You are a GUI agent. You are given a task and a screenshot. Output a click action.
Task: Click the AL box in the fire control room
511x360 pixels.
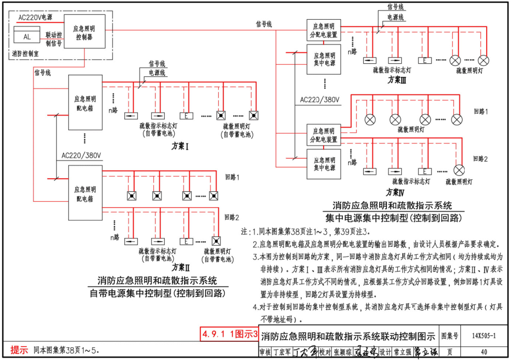coord(26,37)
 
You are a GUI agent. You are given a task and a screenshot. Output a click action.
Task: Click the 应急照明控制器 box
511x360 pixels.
coord(84,31)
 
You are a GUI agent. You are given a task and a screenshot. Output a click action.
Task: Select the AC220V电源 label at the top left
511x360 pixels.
coord(35,17)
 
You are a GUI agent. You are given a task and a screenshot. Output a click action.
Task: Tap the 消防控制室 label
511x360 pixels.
coord(25,54)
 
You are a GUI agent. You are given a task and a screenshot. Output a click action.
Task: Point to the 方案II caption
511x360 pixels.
coord(180,268)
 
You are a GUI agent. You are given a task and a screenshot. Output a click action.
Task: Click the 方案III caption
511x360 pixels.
coord(397,79)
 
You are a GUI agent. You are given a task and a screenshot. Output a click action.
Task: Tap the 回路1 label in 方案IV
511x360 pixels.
coord(481,111)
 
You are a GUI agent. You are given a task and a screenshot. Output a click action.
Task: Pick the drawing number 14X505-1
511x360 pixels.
coord(484,336)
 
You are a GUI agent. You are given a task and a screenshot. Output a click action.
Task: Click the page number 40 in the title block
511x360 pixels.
coord(484,351)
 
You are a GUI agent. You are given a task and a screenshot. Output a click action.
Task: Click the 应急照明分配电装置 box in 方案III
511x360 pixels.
coord(324,30)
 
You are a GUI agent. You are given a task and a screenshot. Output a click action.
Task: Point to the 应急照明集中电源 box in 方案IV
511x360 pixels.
coord(324,164)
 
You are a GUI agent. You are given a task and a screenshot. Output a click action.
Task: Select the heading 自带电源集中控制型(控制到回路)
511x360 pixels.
coord(157,292)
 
